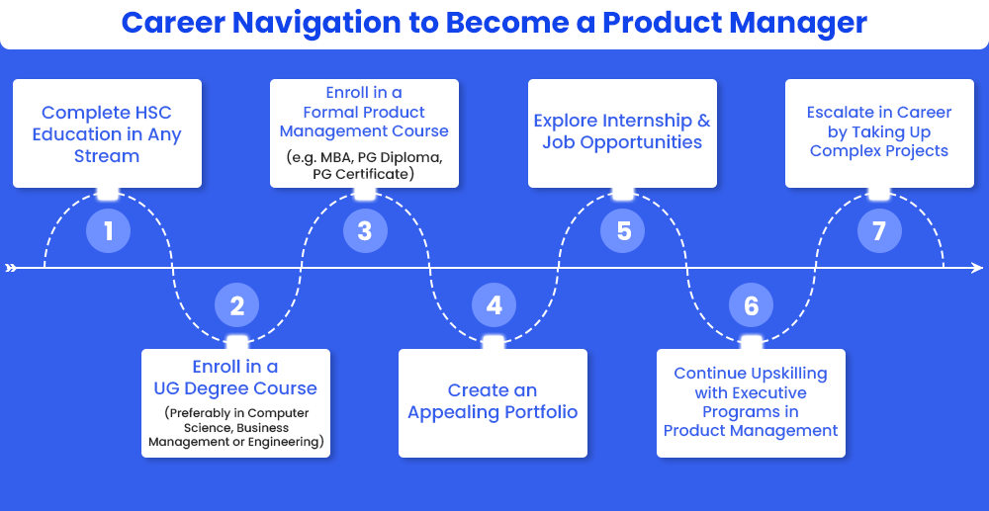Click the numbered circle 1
(108, 230)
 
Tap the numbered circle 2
(237, 305)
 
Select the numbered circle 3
(365, 230)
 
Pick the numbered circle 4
(494, 305)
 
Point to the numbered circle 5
(623, 230)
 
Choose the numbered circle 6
(752, 305)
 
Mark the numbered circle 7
(879, 230)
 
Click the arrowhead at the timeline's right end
(977, 268)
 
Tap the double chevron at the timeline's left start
(11, 268)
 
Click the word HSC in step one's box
(150, 113)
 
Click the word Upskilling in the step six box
(789, 374)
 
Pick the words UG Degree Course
(235, 388)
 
